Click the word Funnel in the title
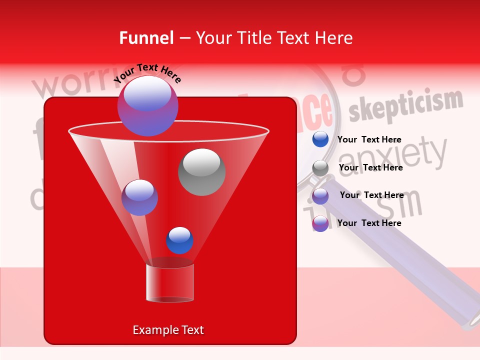146,38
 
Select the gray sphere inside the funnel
201,171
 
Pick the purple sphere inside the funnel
139,197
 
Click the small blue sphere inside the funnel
179,240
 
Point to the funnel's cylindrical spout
169,283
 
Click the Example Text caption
168,330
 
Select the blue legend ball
320,139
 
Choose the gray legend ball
320,168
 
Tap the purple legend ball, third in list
320,195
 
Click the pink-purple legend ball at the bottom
320,223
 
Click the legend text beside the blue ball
369,139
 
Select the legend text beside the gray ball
370,167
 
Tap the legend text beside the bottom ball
369,223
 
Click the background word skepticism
405,106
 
